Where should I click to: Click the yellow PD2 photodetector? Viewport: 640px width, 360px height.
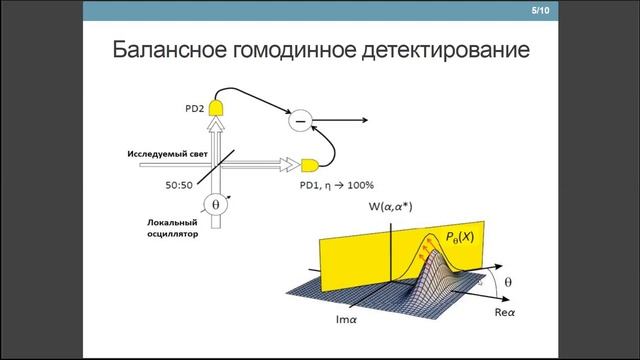click(x=215, y=107)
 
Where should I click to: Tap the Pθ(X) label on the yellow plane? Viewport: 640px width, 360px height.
click(x=460, y=239)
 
